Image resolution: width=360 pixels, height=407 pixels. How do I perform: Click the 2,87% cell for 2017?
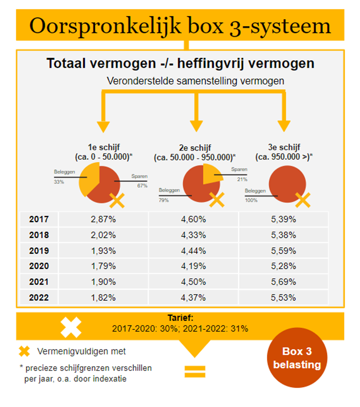click(x=103, y=220)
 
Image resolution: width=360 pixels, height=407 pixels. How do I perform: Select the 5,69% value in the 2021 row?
click(x=283, y=282)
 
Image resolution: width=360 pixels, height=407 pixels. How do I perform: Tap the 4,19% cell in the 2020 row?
click(x=193, y=267)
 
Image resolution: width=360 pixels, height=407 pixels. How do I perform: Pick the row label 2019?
click(x=39, y=251)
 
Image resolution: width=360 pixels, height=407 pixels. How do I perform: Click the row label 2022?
click(x=39, y=298)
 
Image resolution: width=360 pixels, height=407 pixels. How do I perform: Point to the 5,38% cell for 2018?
click(x=283, y=235)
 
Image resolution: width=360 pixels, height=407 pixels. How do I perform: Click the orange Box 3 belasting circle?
click(x=297, y=358)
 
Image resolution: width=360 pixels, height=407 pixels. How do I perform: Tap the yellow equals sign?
click(x=194, y=371)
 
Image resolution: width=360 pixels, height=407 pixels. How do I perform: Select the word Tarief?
click(x=180, y=318)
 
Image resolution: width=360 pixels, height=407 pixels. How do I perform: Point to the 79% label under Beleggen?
click(x=163, y=200)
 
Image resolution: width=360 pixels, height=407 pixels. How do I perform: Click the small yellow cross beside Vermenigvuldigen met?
click(x=24, y=351)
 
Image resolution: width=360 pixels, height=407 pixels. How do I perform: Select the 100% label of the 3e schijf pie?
click(x=251, y=200)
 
